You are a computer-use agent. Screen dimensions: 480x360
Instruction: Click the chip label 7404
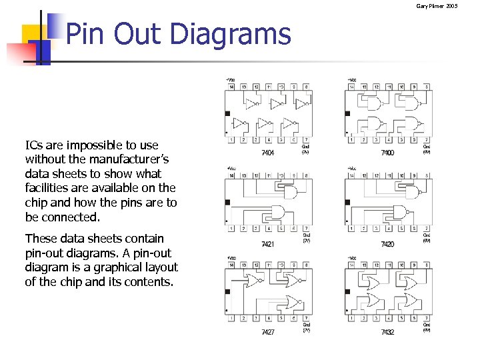tap(267, 153)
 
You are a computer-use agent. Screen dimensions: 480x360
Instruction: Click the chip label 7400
tap(387, 153)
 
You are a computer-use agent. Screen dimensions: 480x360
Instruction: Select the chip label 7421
tap(267, 244)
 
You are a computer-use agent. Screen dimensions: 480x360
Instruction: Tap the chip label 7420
tap(387, 244)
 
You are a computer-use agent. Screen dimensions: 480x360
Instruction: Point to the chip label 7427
tap(267, 331)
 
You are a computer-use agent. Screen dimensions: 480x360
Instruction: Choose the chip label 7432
tap(387, 331)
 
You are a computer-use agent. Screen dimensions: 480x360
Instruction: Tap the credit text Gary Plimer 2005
tap(437, 6)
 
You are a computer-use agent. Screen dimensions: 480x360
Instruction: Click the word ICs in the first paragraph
tap(35, 145)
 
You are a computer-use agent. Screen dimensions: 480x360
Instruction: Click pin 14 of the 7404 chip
tap(231, 87)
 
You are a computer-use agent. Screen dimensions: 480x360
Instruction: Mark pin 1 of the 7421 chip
tap(231, 229)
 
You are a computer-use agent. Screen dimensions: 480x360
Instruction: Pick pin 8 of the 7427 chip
tap(305, 265)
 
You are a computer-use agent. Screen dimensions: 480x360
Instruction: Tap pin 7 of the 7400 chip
tap(426, 139)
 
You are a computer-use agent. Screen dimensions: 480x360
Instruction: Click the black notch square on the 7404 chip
tap(227, 113)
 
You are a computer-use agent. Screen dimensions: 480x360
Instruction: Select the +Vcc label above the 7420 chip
tap(351, 169)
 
